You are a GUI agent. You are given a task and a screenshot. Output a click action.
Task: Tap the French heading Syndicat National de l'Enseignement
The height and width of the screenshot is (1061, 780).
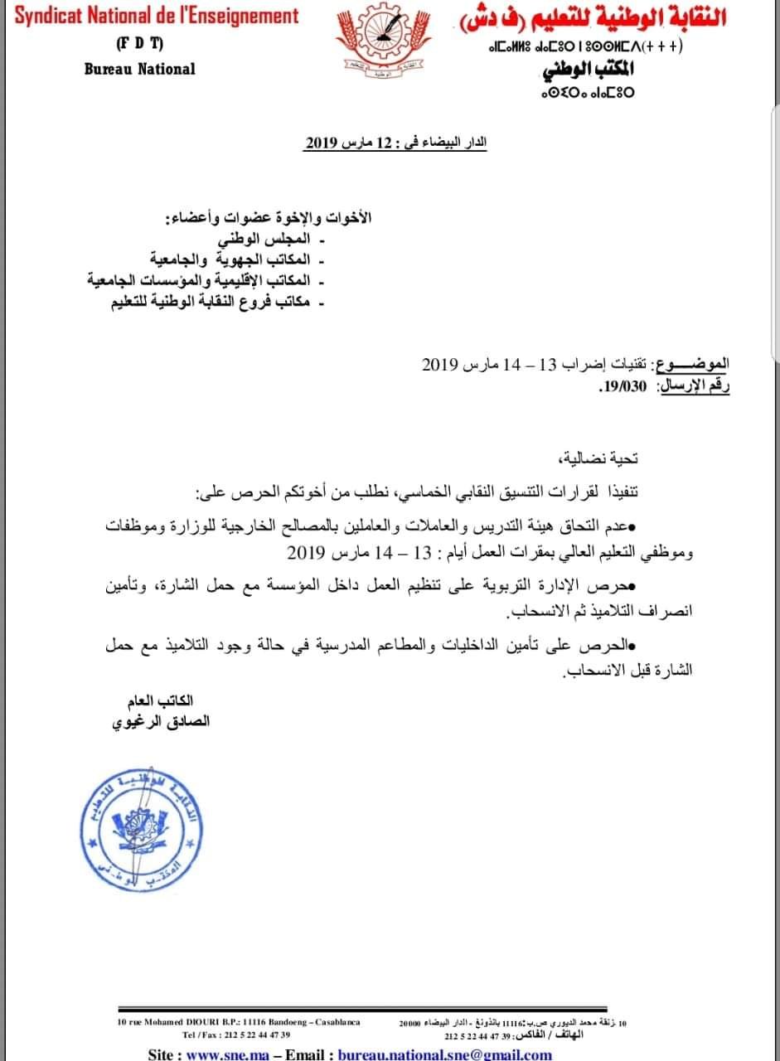157,16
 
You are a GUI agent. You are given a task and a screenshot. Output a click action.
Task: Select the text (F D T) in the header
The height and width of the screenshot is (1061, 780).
139,43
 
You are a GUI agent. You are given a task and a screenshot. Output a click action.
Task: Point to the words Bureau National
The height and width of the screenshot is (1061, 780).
139,69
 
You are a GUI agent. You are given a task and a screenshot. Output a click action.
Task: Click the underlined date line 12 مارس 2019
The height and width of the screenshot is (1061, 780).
395,143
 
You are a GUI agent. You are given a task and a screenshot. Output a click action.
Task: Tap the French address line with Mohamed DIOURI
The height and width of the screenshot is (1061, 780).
240,1023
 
